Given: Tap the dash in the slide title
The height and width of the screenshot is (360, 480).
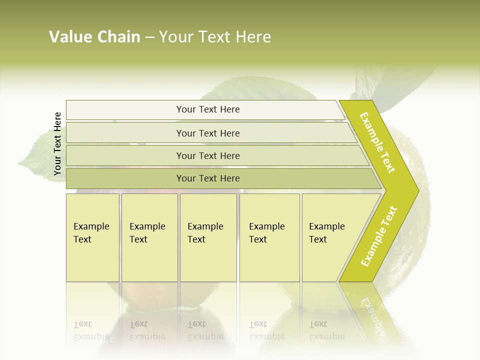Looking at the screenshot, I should pyautogui.click(x=149, y=37).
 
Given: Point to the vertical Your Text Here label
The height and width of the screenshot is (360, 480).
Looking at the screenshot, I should pyautogui.click(x=57, y=143).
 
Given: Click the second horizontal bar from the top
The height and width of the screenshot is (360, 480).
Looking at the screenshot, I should pyautogui.click(x=208, y=133).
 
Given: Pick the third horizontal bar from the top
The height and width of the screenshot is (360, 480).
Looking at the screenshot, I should pyautogui.click(x=208, y=155).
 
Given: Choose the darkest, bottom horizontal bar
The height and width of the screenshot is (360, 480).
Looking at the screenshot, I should pyautogui.click(x=208, y=178).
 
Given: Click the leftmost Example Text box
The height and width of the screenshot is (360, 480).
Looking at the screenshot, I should pyautogui.click(x=92, y=237).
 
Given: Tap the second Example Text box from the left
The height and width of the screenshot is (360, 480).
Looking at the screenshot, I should pyautogui.click(x=149, y=237).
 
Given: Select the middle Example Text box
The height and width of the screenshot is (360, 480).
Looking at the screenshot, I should pyautogui.click(x=208, y=237).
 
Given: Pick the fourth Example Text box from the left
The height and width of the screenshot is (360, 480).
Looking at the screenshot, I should pyautogui.click(x=269, y=237).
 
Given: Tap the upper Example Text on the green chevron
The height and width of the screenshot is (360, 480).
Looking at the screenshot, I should pyautogui.click(x=377, y=142).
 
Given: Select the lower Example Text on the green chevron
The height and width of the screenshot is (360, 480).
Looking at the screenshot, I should pyautogui.click(x=379, y=236).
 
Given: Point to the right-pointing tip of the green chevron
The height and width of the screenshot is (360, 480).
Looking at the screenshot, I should pyautogui.click(x=416, y=191).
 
